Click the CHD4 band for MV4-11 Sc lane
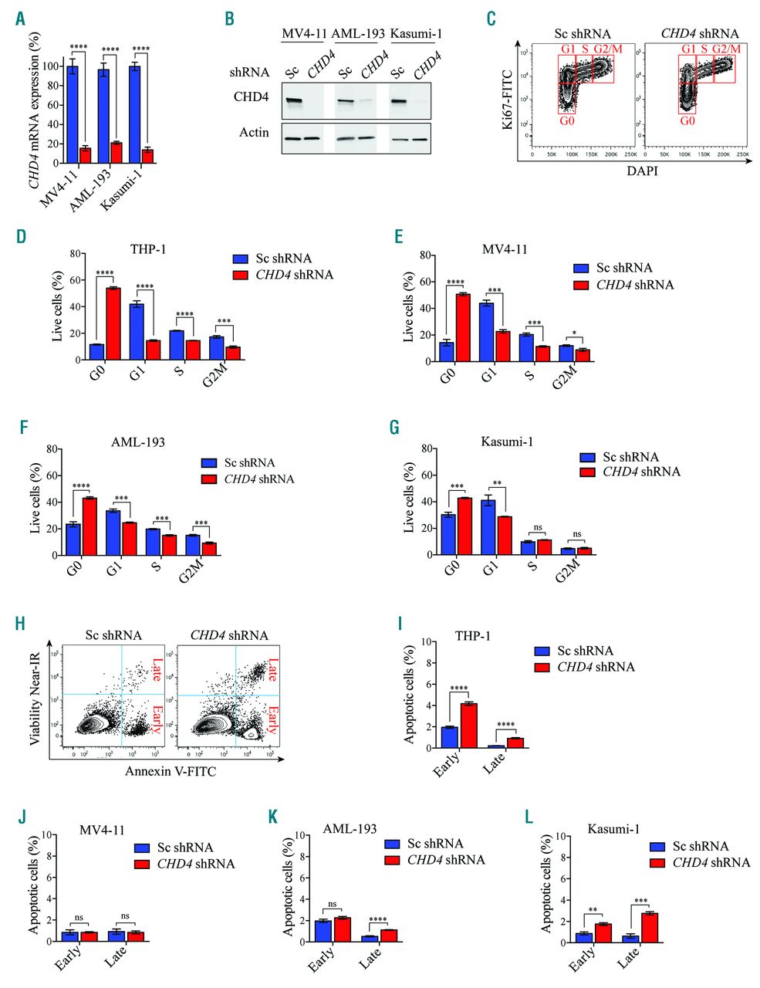click(293, 101)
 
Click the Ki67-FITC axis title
click(508, 96)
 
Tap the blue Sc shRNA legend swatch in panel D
click(241, 259)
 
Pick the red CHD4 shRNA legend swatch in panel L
click(658, 862)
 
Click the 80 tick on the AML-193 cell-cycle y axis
click(52, 449)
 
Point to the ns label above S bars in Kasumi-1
click(538, 528)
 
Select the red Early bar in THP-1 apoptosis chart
click(468, 726)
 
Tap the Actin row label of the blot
click(254, 133)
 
